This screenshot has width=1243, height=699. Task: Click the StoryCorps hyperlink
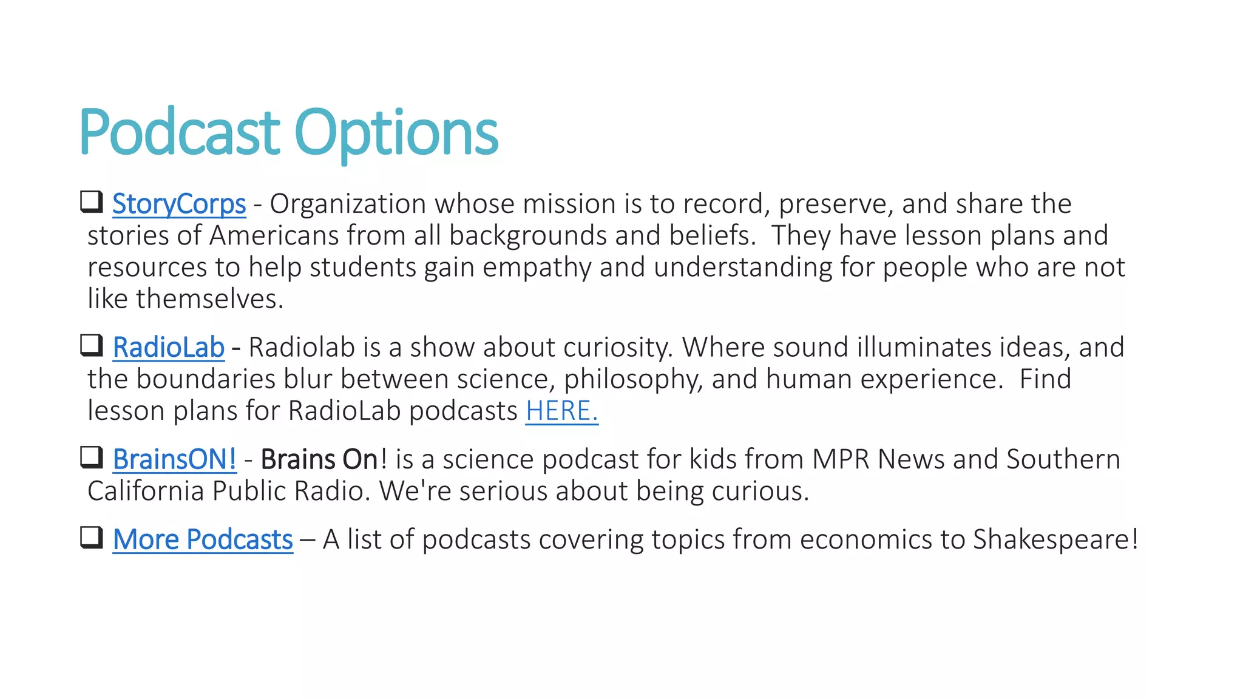[x=179, y=204]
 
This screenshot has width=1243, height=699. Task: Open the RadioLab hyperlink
[x=168, y=348]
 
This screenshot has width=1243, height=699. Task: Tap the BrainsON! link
[x=174, y=460]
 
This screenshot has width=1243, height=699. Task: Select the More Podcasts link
[x=203, y=540]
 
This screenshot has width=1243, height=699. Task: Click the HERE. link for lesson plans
[x=561, y=411]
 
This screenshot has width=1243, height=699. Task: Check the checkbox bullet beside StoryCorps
[x=92, y=201]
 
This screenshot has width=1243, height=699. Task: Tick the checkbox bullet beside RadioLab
[x=92, y=345]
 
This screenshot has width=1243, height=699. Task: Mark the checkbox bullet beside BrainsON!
[x=92, y=457]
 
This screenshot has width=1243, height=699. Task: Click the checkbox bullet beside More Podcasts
[x=92, y=537]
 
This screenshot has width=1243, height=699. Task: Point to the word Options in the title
[x=396, y=132]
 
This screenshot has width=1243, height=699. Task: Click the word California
[x=146, y=491]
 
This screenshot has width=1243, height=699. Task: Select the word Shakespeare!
[x=1055, y=540]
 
